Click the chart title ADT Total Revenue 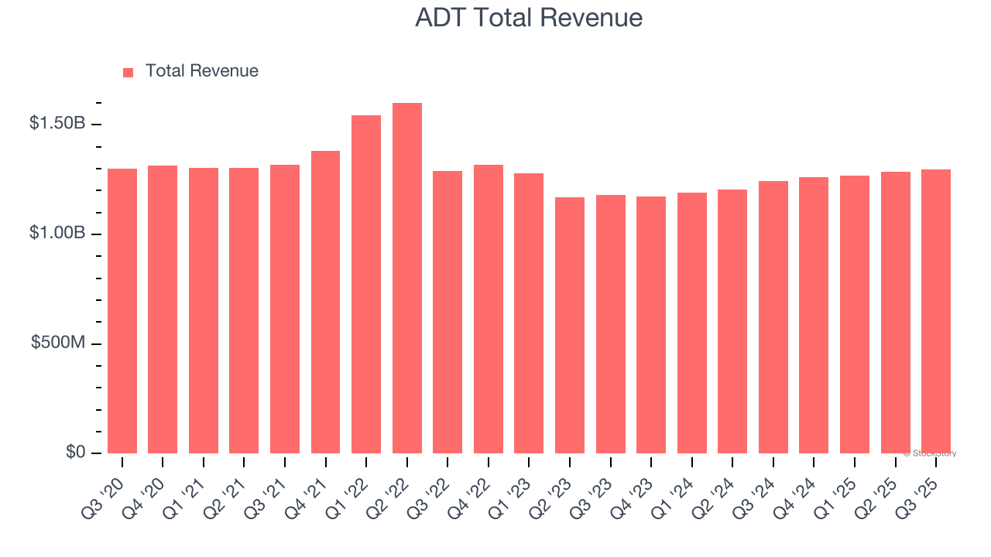[529, 18]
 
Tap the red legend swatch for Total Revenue [129, 72]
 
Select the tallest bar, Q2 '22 [407, 278]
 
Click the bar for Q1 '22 [366, 285]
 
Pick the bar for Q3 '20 [122, 311]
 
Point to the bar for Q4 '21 [325, 302]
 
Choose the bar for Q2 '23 [570, 325]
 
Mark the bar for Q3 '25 [936, 311]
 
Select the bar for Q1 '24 [691, 323]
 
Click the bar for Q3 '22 [447, 312]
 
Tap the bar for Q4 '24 [814, 315]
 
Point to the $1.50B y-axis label [57, 124]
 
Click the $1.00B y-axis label [57, 234]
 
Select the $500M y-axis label [59, 343]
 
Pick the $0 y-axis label [74, 453]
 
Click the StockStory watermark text [930, 453]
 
